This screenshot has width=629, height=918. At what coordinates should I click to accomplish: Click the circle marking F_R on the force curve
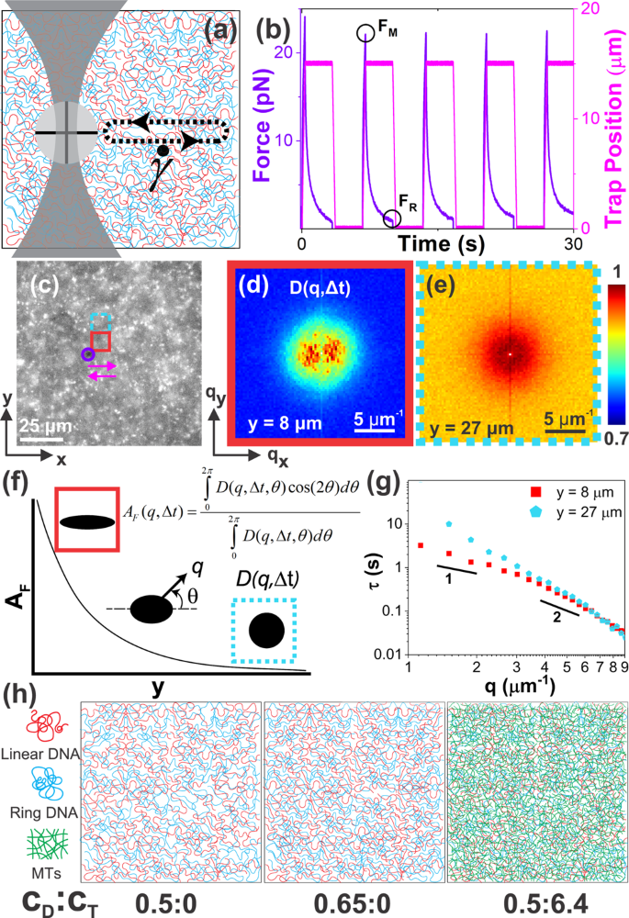392,218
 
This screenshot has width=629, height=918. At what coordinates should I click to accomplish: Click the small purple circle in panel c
87,353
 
